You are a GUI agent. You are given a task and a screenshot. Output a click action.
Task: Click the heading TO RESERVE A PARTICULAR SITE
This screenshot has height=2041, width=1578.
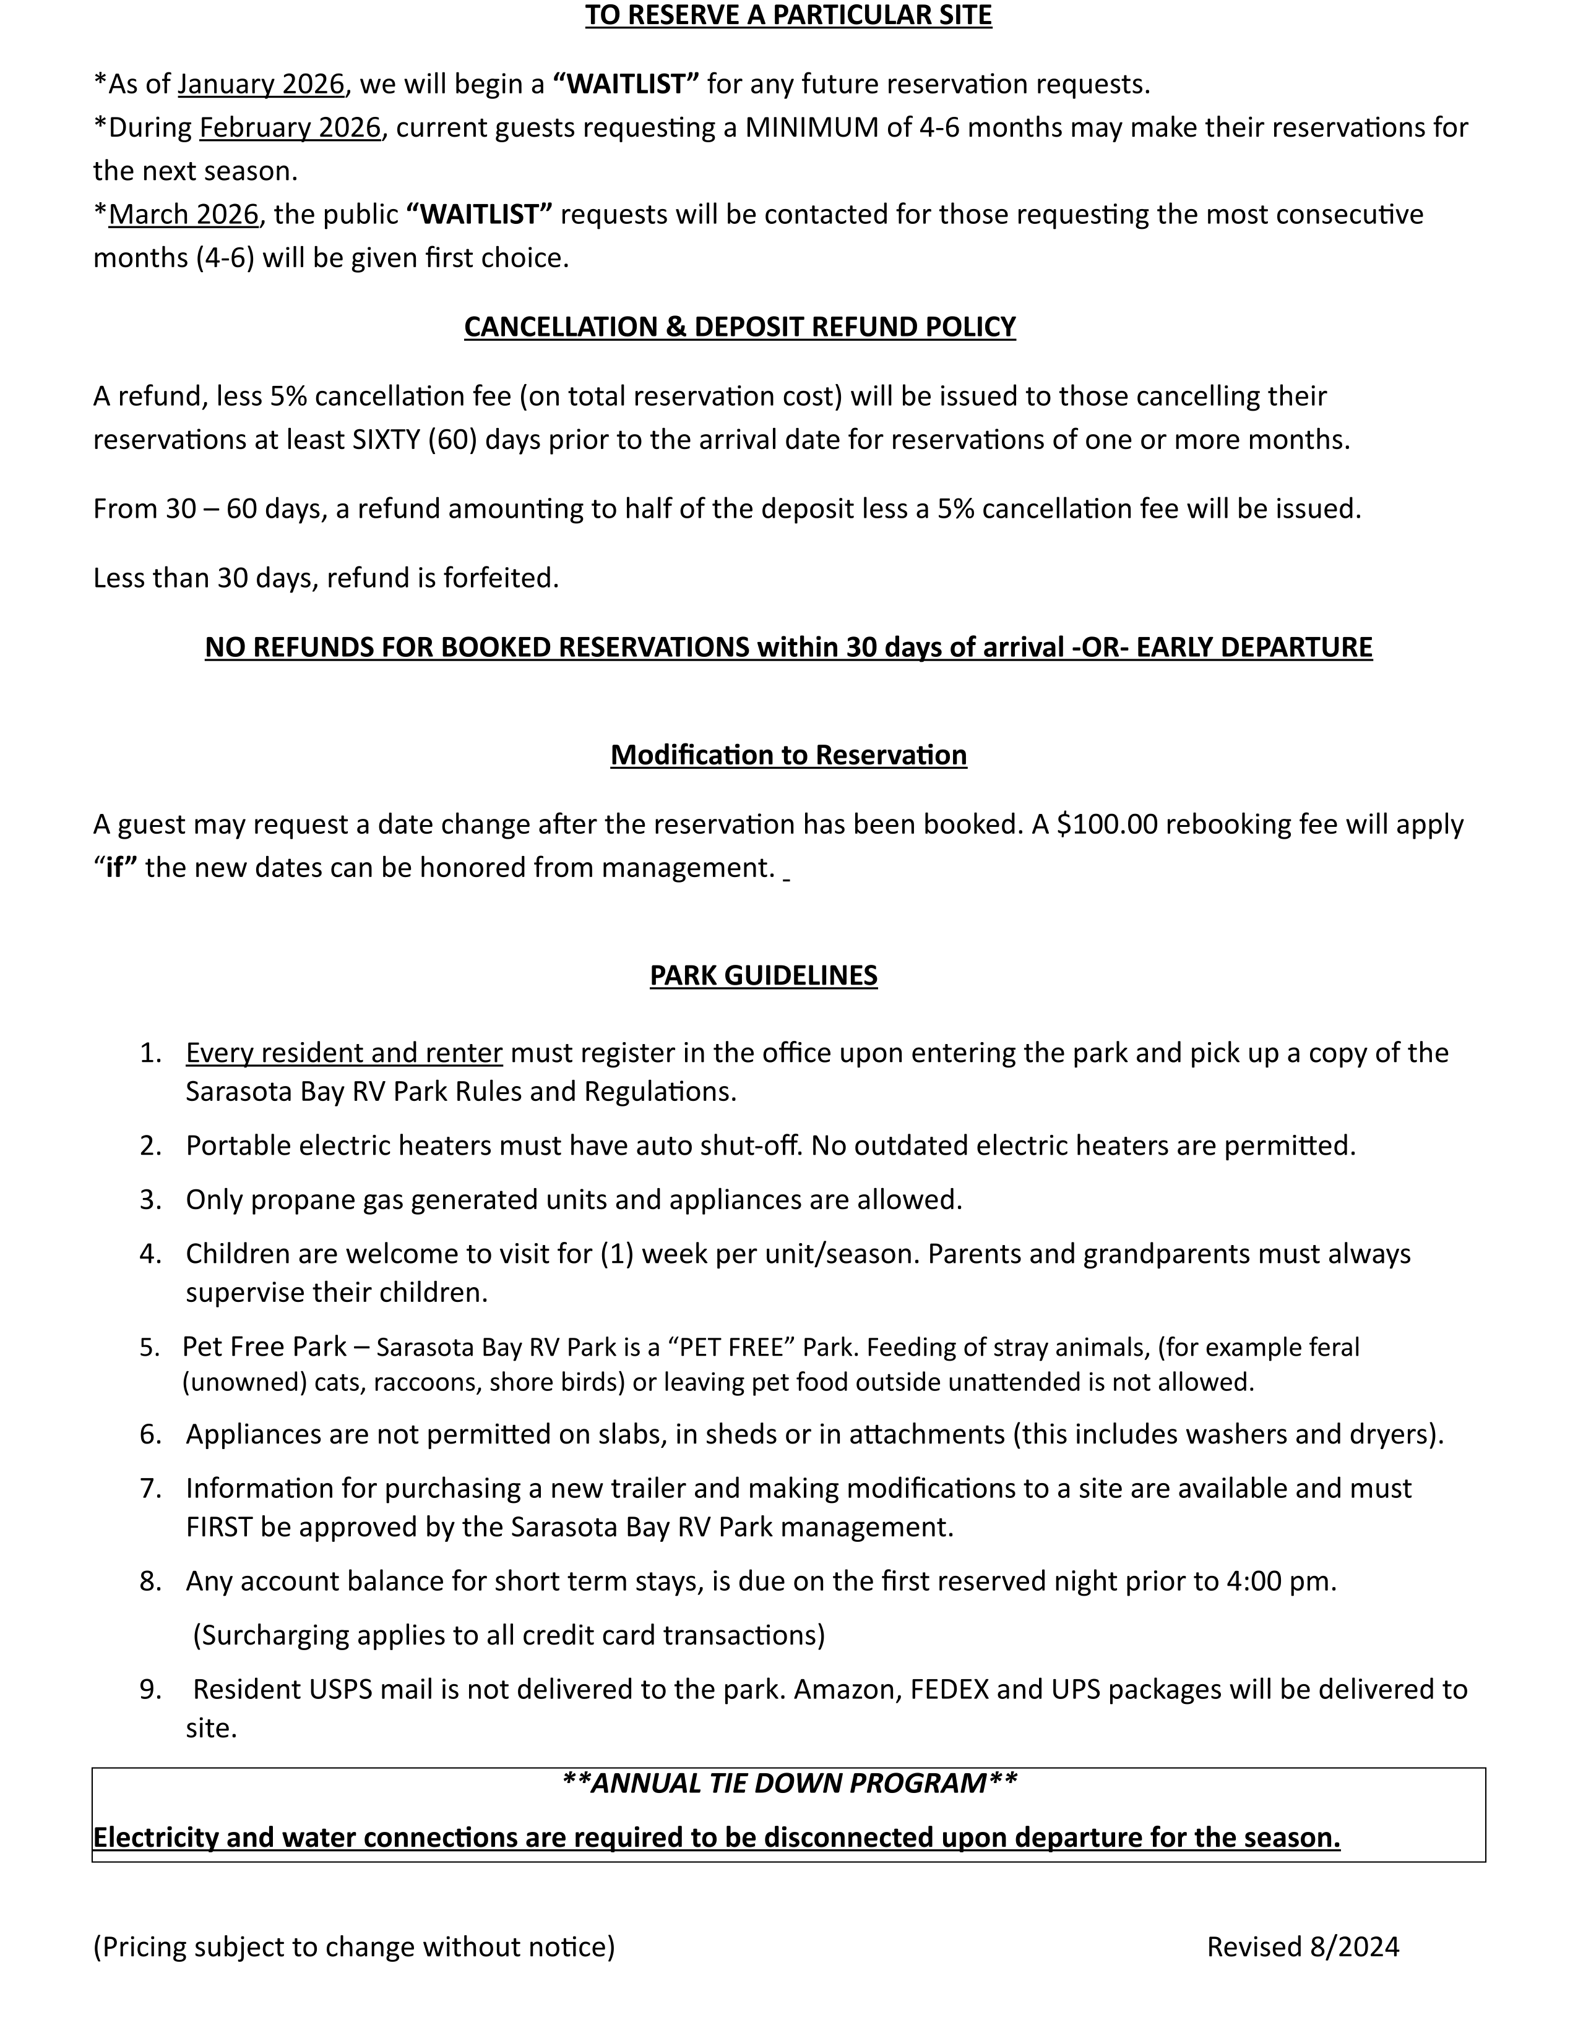788,16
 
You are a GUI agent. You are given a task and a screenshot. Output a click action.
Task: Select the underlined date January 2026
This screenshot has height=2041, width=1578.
261,84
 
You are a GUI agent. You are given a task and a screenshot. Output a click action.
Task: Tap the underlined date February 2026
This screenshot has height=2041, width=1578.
290,127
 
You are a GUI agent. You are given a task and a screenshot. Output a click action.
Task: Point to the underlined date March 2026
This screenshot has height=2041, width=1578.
183,214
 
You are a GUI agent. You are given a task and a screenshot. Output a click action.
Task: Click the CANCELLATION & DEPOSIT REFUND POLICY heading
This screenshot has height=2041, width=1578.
739,326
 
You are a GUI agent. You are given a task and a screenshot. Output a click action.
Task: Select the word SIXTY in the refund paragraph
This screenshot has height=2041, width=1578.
386,439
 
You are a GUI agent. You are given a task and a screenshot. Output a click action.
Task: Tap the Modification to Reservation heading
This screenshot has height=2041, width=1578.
788,754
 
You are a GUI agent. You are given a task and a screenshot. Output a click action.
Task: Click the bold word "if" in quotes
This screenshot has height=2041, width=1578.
116,867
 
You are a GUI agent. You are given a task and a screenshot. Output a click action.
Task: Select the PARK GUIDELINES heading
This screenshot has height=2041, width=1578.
763,975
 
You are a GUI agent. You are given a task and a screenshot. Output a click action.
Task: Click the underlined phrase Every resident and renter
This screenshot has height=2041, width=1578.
344,1052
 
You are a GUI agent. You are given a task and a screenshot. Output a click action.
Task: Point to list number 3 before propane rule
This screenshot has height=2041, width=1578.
150,1200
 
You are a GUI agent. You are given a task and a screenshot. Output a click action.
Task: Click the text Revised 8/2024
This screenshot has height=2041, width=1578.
1302,1946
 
